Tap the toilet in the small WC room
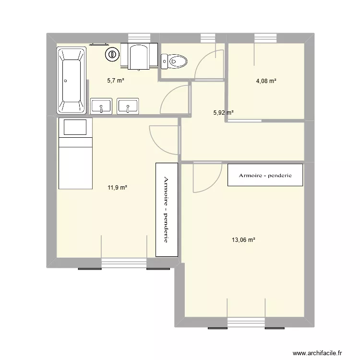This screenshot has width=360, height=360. pos(174,61)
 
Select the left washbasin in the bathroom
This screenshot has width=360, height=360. pos(101,107)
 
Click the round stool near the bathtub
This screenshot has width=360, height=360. pos(112,55)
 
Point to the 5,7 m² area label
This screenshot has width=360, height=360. pos(116,81)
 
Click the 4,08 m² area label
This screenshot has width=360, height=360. pos(266,81)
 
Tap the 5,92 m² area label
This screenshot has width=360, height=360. pos(223,113)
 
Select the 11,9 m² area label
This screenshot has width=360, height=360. pos(118,188)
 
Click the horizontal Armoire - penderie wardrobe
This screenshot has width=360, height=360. pos(265,175)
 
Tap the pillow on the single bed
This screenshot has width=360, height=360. pos(74,128)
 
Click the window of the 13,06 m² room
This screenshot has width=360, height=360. pos(246,323)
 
